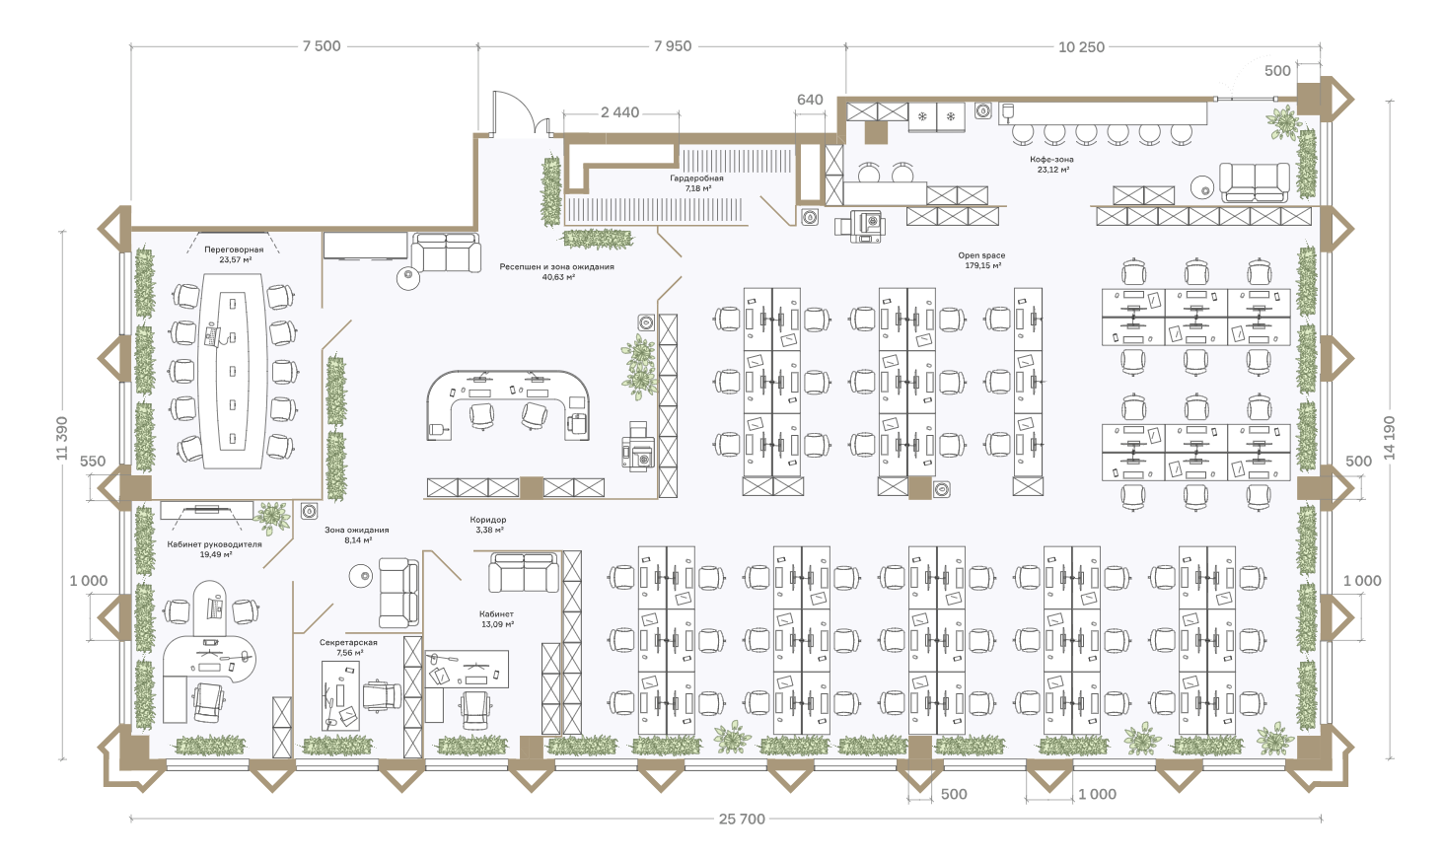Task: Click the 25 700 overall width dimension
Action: (x=742, y=819)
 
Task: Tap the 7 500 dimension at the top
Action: (x=322, y=46)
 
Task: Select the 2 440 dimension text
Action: (x=619, y=112)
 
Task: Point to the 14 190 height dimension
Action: (x=1390, y=438)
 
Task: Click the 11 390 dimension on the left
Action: (x=62, y=439)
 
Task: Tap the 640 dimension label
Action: (x=810, y=100)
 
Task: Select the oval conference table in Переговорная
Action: (x=232, y=371)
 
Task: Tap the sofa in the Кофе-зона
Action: (x=1255, y=182)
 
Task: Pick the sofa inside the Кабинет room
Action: (x=524, y=572)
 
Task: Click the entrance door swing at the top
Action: (x=514, y=112)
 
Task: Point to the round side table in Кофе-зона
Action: (x=1202, y=187)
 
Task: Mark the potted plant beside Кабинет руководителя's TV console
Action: (x=272, y=517)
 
